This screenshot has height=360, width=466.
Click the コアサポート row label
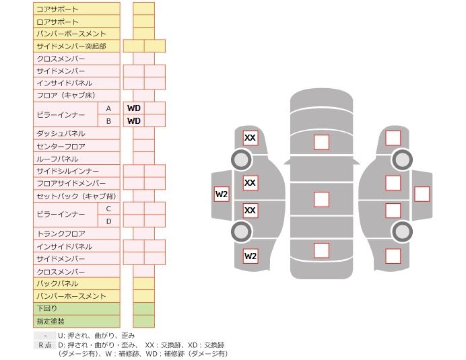(57, 9)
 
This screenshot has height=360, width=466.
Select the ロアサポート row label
(57, 22)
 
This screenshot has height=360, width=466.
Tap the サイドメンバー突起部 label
(71, 46)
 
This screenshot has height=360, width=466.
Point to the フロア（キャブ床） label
(65, 96)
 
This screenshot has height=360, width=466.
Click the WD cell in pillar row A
(133, 108)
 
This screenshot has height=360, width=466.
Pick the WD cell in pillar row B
(133, 120)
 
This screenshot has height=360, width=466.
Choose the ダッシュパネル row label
(61, 133)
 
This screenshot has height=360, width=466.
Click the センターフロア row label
(61, 146)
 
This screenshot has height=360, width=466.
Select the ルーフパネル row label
(57, 159)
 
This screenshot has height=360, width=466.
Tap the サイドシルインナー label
(67, 171)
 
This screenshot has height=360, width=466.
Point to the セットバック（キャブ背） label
(75, 196)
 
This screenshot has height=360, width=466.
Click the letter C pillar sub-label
(108, 209)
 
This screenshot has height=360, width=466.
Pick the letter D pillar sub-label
(108, 221)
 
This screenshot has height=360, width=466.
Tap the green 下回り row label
(47, 309)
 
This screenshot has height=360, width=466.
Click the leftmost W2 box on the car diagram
(222, 194)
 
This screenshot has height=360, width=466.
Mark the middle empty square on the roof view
(321, 199)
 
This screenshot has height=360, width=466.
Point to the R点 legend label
(44, 345)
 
